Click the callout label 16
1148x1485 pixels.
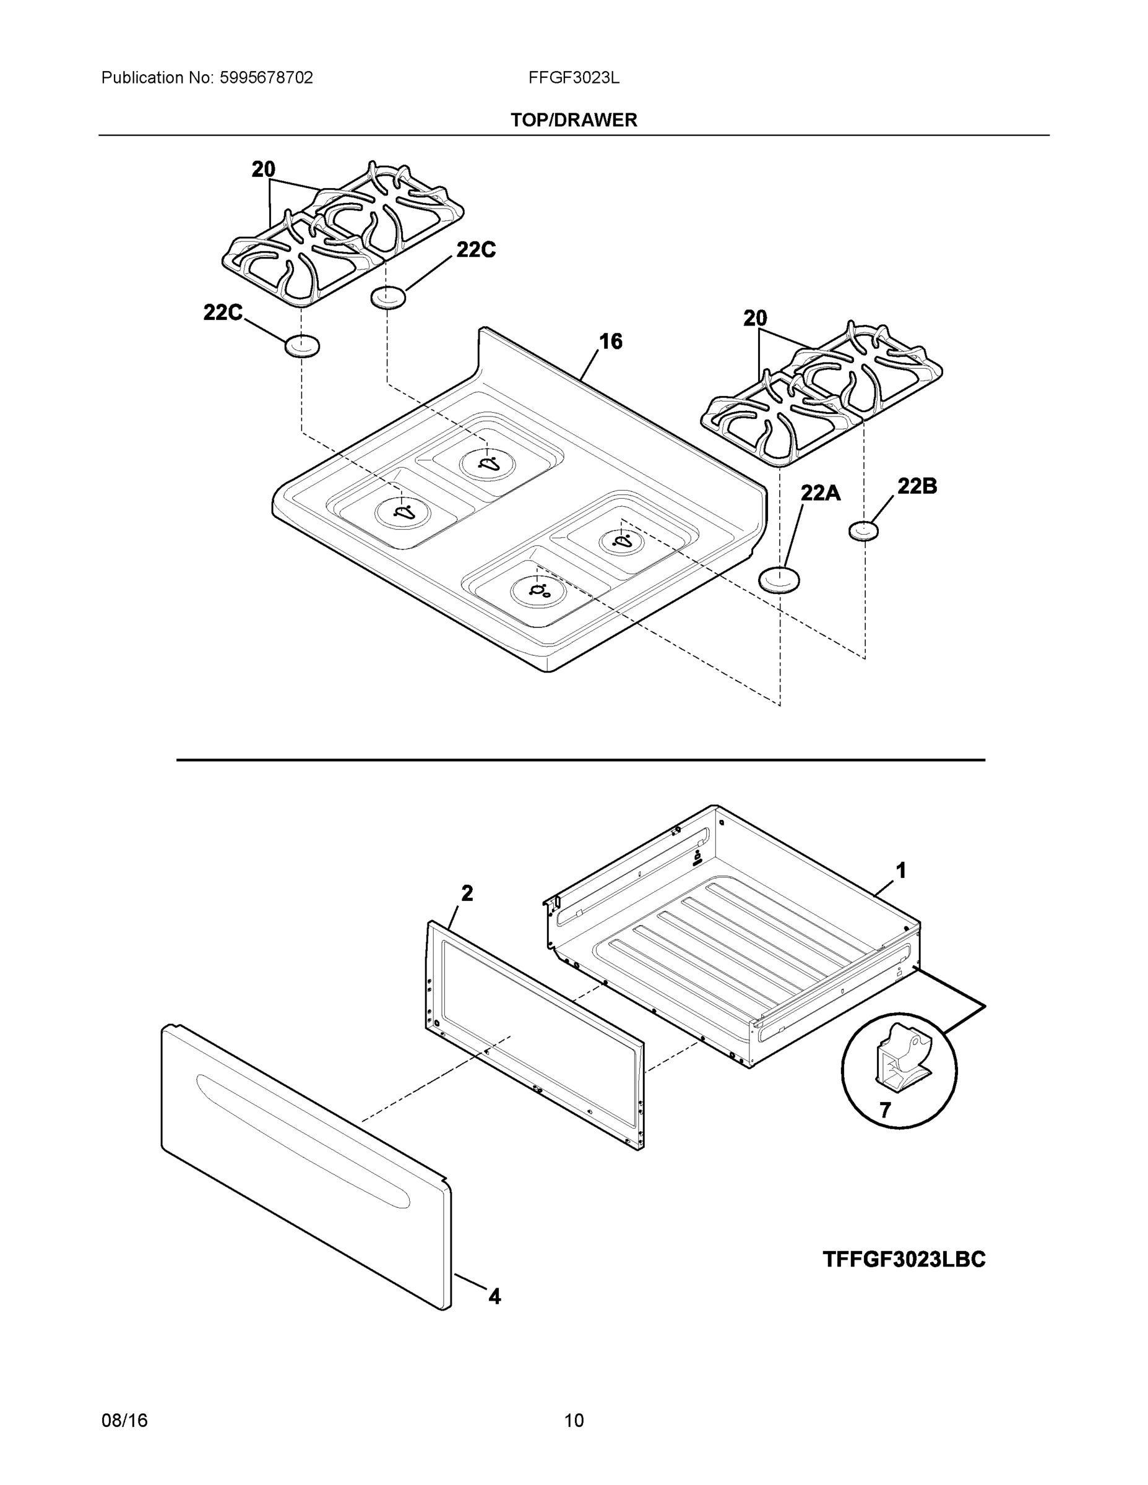click(610, 342)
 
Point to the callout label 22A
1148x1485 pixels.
click(820, 493)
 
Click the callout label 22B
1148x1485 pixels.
click(917, 486)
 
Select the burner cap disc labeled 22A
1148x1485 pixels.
click(779, 579)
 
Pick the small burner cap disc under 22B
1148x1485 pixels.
click(864, 530)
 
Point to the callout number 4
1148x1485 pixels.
click(494, 1297)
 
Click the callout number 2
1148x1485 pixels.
click(467, 893)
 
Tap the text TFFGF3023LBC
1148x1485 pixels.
click(903, 1259)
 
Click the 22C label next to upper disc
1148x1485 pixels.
click(475, 250)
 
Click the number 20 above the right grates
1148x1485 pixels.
click(755, 317)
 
